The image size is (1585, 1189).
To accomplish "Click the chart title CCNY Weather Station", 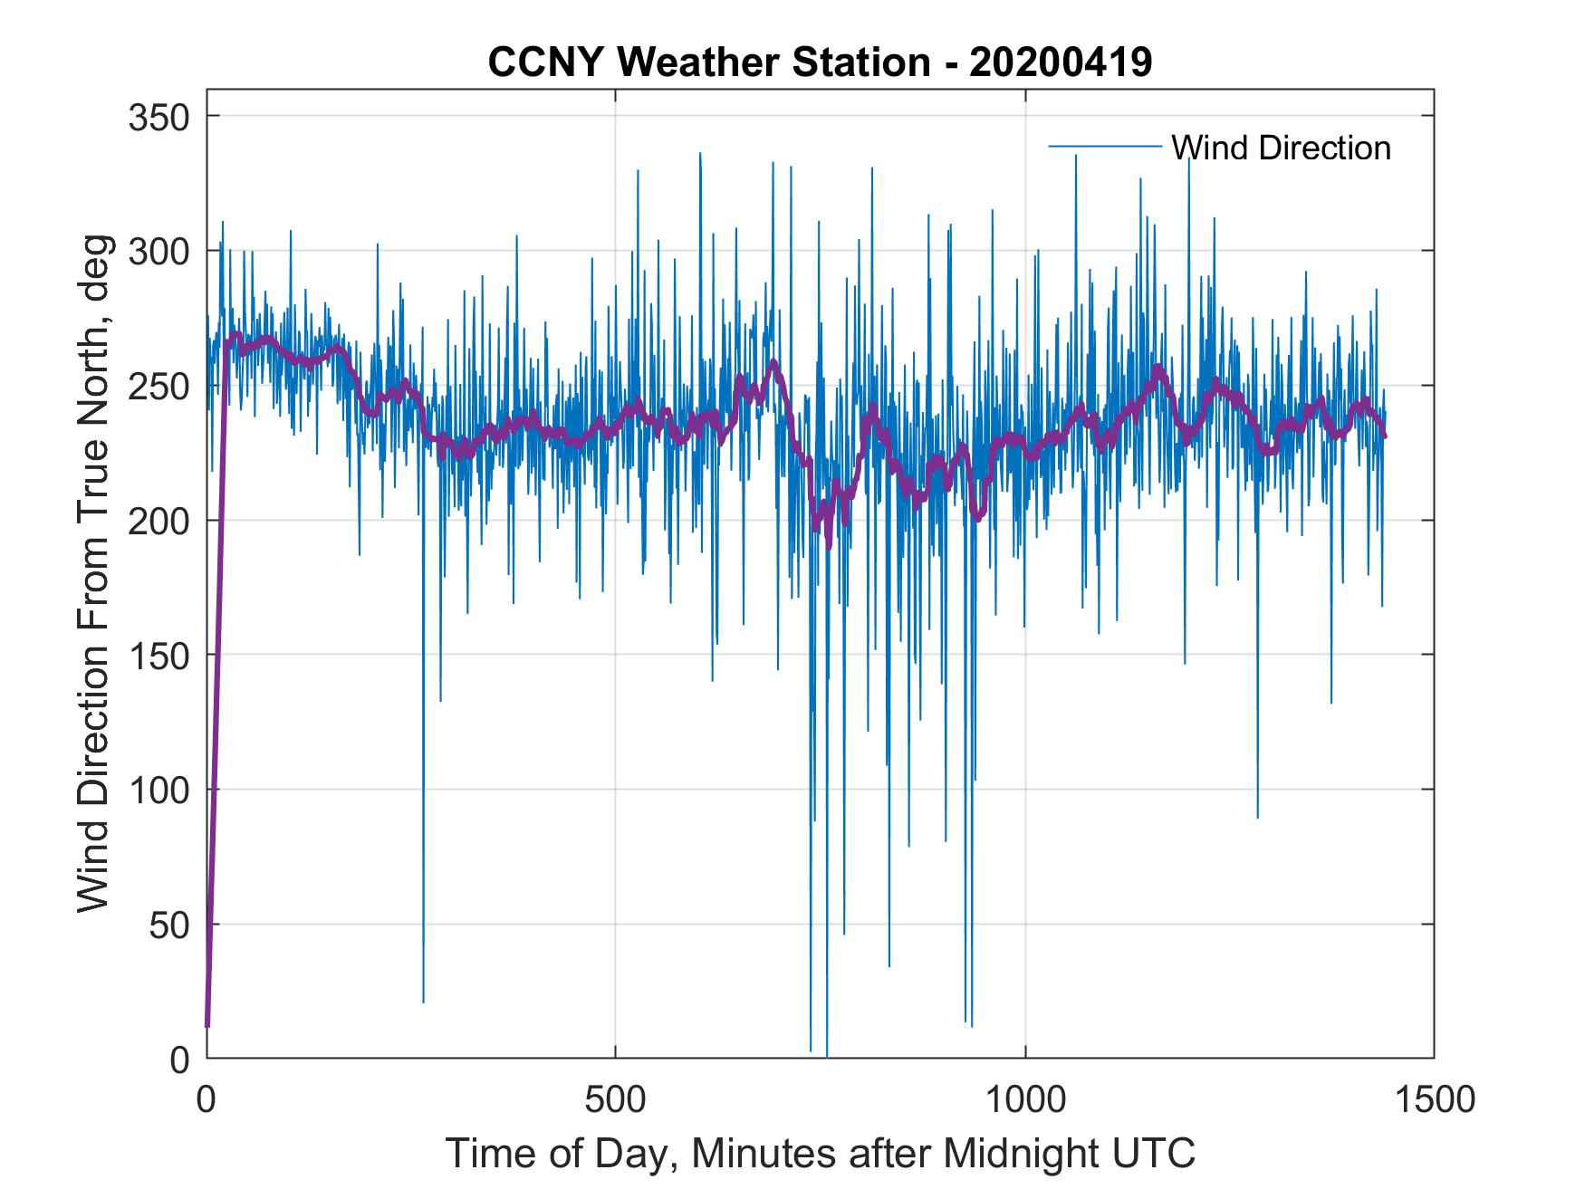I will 708,62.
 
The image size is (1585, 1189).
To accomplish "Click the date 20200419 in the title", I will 1061,62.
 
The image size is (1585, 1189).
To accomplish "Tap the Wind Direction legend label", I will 1281,148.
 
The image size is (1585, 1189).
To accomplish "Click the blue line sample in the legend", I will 1104,147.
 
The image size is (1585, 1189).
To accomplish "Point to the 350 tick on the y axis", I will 160,117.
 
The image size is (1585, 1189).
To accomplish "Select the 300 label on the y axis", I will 160,251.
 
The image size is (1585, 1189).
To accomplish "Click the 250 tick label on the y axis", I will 160,386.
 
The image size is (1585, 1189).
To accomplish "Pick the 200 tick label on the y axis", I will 160,521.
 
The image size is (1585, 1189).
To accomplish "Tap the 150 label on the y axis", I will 160,655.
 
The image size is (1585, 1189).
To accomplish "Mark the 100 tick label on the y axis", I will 160,790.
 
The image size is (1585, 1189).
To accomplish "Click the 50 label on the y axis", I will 169,925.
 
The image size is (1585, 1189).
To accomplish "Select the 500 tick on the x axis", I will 616,1100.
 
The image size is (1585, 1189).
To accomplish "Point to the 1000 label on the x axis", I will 1025,1100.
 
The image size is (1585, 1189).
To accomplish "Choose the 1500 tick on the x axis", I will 1434,1100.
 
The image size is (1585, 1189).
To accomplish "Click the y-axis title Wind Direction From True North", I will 93,616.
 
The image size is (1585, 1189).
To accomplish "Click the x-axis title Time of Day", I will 562,1154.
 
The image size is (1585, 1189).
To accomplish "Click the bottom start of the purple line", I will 207,1025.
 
